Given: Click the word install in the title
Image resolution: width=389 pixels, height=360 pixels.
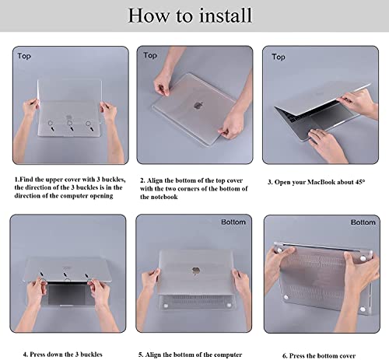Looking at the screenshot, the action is (x=226, y=16).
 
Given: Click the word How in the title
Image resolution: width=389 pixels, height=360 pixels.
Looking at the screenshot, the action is (x=148, y=16).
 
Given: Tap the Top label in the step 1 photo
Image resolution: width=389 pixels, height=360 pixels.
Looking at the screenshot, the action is (x=24, y=56).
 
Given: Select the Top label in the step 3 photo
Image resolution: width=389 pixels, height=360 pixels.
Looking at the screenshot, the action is (x=279, y=57).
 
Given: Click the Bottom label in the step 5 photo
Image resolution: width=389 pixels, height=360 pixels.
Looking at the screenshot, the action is (x=233, y=222).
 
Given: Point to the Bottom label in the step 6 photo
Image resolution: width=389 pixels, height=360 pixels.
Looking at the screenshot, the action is (x=363, y=222).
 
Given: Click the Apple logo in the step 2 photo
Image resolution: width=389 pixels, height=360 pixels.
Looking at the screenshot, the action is (x=198, y=105).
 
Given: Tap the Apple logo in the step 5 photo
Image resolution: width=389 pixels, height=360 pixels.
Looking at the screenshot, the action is (x=196, y=271).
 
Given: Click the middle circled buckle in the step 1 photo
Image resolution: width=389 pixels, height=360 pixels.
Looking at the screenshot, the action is (x=70, y=123).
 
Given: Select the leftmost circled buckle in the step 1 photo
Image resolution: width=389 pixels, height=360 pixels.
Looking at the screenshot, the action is (x=51, y=123).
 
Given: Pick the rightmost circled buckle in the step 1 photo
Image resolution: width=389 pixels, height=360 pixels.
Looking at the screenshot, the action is (x=88, y=124).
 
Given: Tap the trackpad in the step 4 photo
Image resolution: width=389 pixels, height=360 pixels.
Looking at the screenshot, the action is (x=66, y=294).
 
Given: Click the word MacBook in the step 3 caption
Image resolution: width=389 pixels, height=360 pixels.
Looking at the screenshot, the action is (x=321, y=182).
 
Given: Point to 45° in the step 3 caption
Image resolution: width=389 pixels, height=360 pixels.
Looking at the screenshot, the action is (x=360, y=182).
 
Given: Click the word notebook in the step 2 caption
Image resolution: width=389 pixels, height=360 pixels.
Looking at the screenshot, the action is (x=165, y=197).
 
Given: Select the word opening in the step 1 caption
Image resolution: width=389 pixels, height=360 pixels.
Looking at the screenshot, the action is (x=101, y=196).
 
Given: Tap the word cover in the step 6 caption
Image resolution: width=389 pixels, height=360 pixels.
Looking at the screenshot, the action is (x=347, y=355).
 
